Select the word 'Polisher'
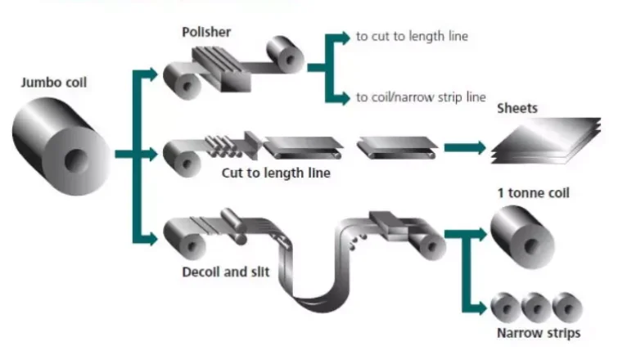coord(208,32)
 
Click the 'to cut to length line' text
coord(412,37)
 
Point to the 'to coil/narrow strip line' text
coord(421,97)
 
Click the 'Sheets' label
coord(517,109)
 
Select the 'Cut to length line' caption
coord(276,173)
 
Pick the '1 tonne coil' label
coord(533,193)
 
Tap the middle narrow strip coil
coord(535,307)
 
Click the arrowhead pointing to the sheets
coord(477,148)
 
